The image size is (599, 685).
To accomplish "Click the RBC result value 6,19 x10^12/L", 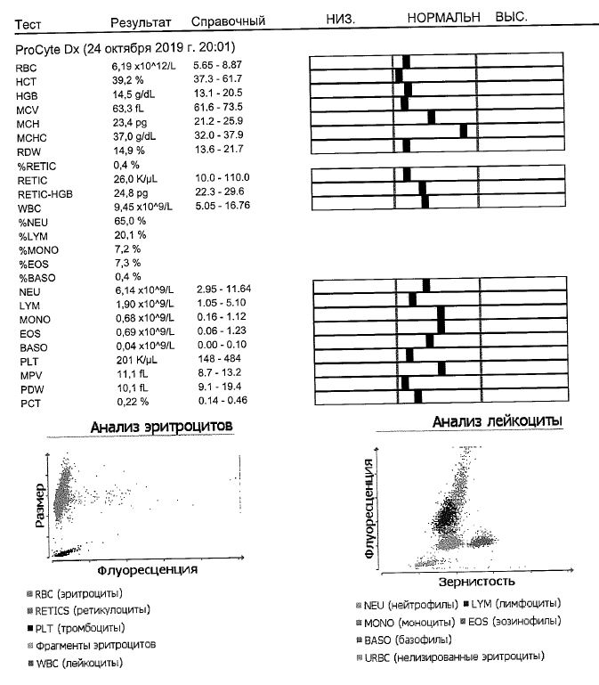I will (142, 66).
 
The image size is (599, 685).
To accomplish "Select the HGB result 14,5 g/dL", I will (134, 94).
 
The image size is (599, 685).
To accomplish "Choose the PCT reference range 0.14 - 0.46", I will (218, 402).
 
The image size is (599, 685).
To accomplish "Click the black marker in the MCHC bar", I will (463, 131).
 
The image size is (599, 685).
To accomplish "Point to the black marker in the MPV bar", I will (442, 369).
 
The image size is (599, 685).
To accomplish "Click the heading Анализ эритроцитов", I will (162, 428).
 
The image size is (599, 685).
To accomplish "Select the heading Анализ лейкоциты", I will (498, 421).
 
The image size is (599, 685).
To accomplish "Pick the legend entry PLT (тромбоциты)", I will (80, 628).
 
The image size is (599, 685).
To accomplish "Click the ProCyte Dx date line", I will (126, 47).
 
